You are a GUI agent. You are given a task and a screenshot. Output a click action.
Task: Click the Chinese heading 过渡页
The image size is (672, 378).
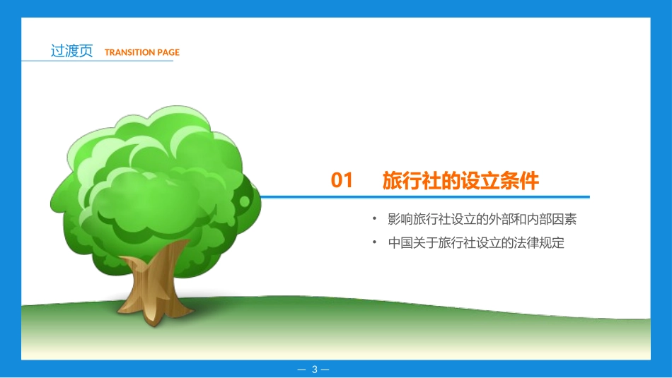pos(71,51)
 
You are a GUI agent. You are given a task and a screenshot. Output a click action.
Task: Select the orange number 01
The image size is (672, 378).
pos(342,181)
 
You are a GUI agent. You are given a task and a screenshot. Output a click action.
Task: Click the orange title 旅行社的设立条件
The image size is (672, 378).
pos(460,181)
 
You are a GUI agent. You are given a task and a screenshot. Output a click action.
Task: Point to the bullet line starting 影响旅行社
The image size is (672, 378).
pos(482,219)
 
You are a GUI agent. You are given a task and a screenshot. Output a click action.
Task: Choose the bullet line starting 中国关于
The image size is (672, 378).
pos(476,243)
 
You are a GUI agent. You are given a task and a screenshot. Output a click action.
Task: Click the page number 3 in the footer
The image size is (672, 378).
pos(315,369)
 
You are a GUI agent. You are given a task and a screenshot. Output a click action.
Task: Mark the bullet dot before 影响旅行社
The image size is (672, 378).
pos(375,218)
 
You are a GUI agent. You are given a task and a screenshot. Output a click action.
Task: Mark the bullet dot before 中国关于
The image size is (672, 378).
pos(375,242)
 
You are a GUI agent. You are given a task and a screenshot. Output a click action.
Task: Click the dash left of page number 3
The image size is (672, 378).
pos(302,369)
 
